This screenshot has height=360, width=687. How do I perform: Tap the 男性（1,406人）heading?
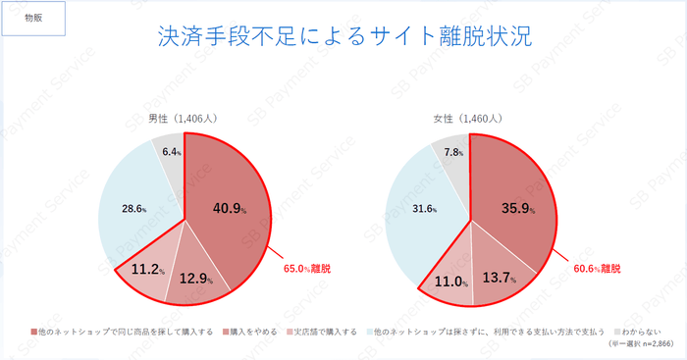183,118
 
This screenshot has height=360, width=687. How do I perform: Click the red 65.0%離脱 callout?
306,267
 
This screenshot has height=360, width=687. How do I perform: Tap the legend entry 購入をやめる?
247,332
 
